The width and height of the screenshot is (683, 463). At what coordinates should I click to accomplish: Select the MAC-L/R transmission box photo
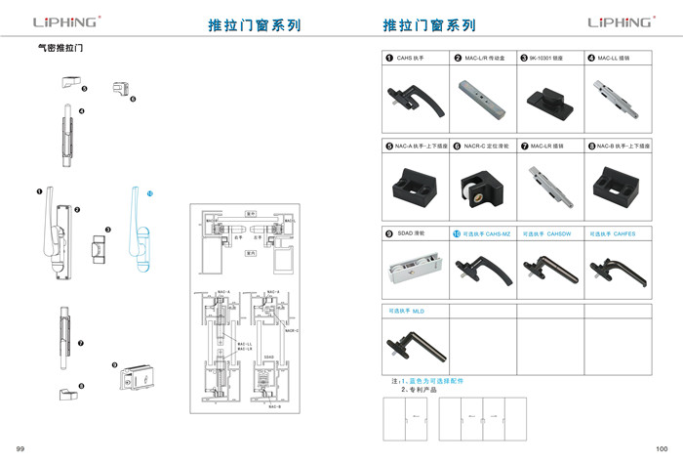tap(479, 100)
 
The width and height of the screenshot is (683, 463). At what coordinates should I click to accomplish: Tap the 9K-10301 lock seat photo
tap(545, 100)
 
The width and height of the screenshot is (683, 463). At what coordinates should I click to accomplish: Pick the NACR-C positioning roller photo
tap(479, 183)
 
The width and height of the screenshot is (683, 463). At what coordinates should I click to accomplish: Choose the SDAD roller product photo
tap(411, 267)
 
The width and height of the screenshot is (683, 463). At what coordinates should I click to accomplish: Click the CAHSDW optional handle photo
tap(546, 266)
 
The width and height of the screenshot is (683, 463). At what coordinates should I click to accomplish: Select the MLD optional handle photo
tap(411, 343)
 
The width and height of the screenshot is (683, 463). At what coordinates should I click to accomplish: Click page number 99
tap(20, 447)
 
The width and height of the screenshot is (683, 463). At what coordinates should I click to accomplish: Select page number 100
tap(662, 447)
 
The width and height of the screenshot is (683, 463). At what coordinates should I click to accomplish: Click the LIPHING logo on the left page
tap(65, 21)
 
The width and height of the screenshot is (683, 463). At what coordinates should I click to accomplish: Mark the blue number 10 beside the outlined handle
tap(150, 194)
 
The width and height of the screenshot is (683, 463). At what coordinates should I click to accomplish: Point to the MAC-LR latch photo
tap(545, 183)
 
